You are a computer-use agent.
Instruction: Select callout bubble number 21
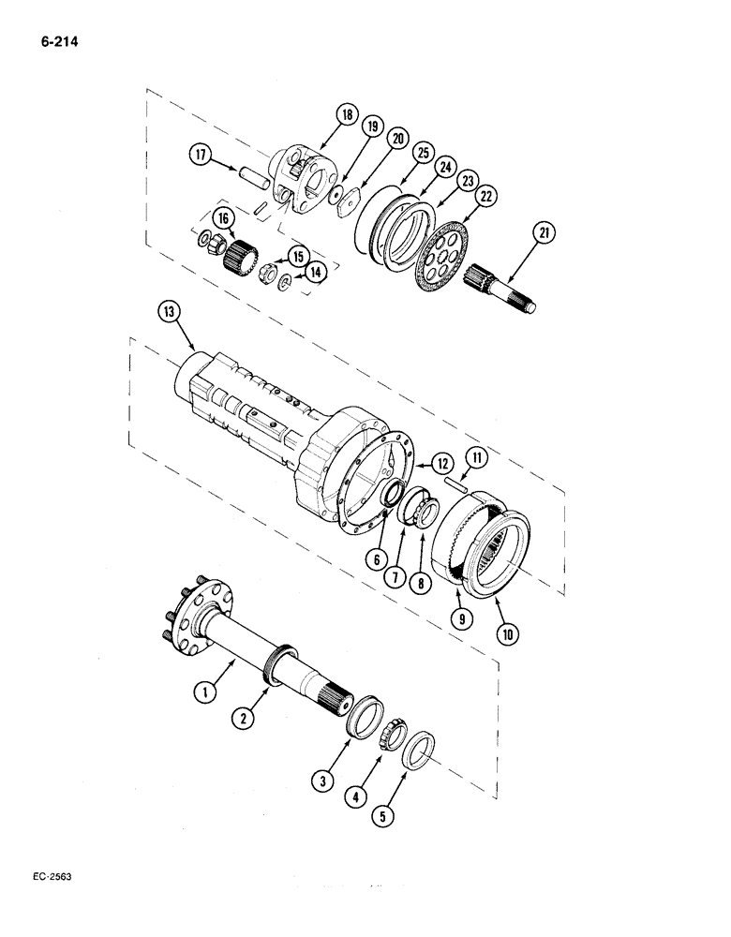[x=545, y=232]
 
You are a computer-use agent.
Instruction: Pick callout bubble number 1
[x=201, y=694]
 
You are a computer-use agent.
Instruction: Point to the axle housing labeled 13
[x=262, y=412]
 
